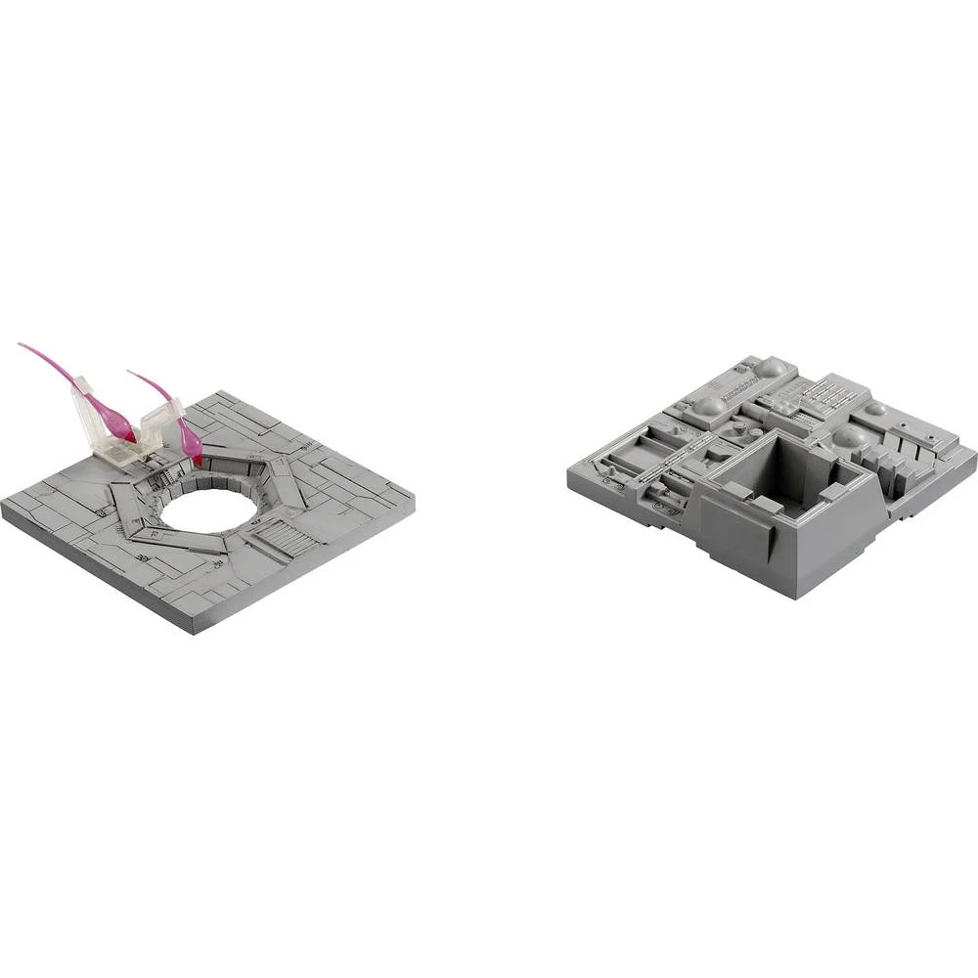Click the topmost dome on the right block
(771, 367)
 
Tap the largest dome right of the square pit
(850, 435)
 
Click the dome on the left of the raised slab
(711, 405)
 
